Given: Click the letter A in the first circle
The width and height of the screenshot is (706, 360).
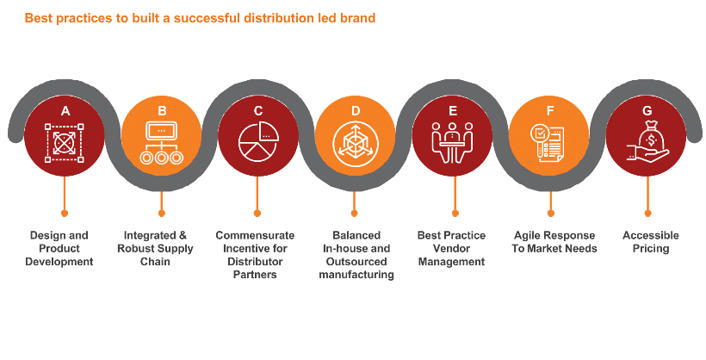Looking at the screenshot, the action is [65, 111].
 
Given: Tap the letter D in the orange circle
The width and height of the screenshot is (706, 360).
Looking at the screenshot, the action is [356, 111].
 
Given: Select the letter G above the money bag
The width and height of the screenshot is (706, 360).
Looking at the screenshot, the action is [647, 111].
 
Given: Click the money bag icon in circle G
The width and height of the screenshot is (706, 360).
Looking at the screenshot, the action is [648, 141].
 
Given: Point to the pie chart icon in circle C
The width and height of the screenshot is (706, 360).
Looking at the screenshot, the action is [258, 142].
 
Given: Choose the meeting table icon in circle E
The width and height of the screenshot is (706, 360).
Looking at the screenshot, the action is [453, 142].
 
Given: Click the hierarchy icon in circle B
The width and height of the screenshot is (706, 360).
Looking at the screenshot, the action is [161, 143].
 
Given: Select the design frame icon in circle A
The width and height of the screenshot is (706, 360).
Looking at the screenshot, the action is [65, 143].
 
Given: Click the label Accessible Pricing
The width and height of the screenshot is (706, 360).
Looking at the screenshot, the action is [651, 242].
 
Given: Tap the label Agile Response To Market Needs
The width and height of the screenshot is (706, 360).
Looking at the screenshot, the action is [554, 242].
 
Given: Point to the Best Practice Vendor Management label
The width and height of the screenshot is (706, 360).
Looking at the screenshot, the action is [452, 248].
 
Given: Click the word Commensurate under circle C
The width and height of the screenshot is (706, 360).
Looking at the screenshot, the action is [255, 235].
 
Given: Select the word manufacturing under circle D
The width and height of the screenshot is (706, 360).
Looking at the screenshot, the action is [356, 275].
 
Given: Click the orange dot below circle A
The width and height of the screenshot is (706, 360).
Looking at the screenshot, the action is [65, 213].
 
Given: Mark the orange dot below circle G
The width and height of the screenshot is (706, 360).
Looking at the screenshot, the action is [648, 213].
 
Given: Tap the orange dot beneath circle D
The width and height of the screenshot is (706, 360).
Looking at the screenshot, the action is [355, 213].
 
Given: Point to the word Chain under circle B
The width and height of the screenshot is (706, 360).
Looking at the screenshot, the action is [155, 261].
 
